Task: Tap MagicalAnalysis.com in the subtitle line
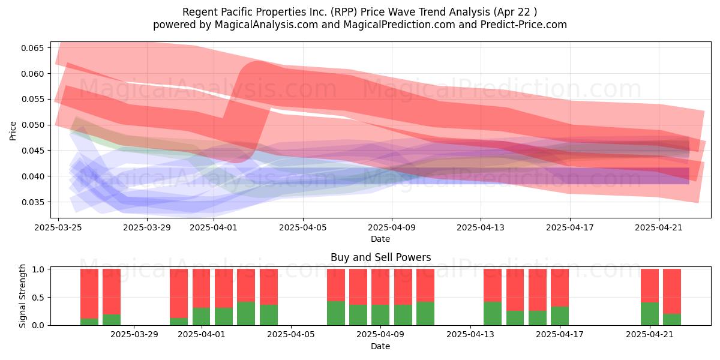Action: pyautogui.click(x=266, y=25)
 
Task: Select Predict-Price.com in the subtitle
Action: pyautogui.click(x=524, y=25)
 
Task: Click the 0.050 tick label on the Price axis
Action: pyautogui.click(x=32, y=125)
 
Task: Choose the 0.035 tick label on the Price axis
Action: pyautogui.click(x=32, y=202)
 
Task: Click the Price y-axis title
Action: pyautogui.click(x=13, y=131)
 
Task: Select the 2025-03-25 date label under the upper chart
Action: pyautogui.click(x=58, y=227)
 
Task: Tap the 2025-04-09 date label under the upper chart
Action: pyautogui.click(x=392, y=227)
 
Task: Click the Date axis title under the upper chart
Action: pyautogui.click(x=380, y=239)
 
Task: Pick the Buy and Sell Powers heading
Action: pyautogui.click(x=380, y=257)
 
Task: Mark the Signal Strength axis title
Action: pyautogui.click(x=22, y=296)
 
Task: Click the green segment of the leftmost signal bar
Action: pyautogui.click(x=89, y=322)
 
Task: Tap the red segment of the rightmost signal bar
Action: pyautogui.click(x=672, y=291)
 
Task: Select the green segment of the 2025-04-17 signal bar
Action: pyautogui.click(x=560, y=316)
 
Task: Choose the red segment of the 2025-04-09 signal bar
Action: pyautogui.click(x=380, y=287)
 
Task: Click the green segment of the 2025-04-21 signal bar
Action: pyautogui.click(x=650, y=314)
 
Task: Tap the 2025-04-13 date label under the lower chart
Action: pyautogui.click(x=470, y=335)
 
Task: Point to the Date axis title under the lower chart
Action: pyautogui.click(x=380, y=346)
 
